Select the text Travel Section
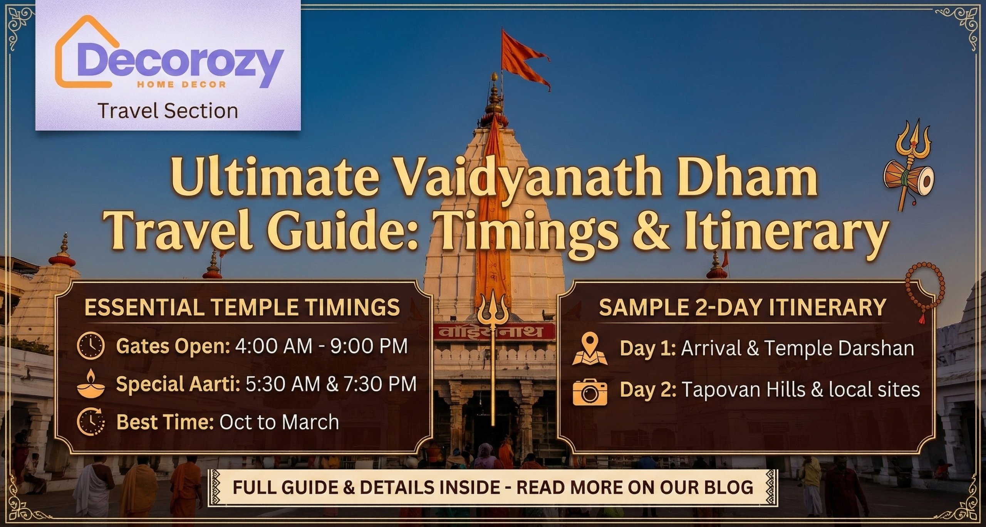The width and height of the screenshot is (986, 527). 168,111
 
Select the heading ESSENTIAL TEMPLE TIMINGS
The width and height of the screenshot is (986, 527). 242,307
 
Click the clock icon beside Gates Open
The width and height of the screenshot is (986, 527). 91,346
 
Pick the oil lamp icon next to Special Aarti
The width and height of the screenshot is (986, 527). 91,383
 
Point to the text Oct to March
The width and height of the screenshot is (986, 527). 279,422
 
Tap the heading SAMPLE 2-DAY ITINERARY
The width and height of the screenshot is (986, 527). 743,307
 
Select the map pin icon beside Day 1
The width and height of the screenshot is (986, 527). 590,349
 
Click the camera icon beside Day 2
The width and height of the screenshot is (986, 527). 590,391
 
